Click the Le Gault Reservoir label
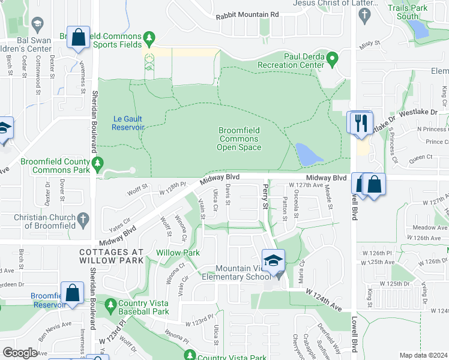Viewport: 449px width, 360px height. (128, 123)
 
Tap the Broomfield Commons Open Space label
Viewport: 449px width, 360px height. (238, 139)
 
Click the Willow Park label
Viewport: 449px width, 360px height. (178, 253)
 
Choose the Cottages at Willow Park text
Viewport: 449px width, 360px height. (112, 256)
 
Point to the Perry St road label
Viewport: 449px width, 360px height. (265, 197)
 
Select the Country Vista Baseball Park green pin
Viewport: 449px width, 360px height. (110, 305)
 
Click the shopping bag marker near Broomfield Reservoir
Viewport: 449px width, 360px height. (73, 293)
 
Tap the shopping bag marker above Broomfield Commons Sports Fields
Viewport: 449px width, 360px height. (79, 38)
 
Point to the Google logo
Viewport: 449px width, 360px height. (20, 353)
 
